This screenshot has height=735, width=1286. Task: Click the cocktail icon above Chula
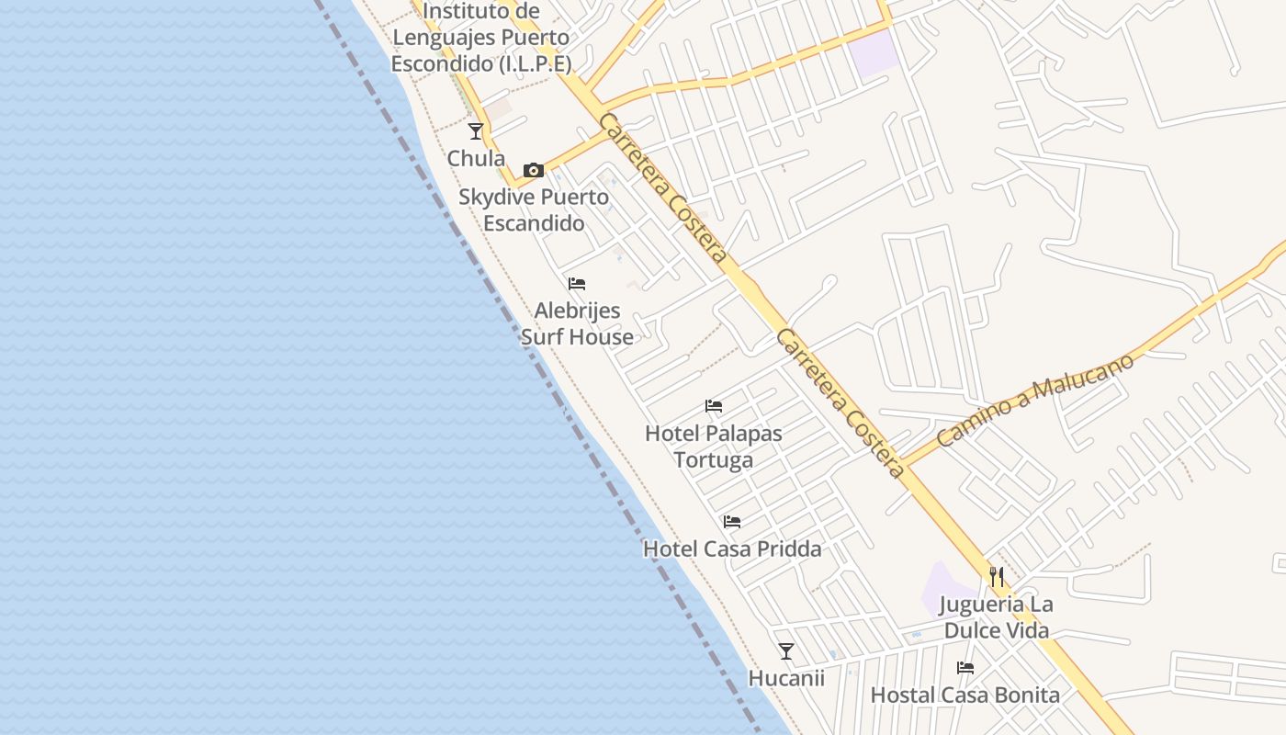tap(476, 131)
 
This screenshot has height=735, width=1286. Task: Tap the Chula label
tap(476, 158)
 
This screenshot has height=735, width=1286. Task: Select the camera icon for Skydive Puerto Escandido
tap(533, 170)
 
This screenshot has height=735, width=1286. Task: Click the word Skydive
tap(495, 197)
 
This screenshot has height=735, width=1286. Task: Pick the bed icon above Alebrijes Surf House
tap(577, 284)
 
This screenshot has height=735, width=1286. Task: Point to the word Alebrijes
tap(577, 311)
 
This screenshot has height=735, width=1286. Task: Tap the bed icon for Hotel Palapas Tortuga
tap(714, 406)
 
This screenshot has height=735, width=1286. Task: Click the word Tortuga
tap(714, 459)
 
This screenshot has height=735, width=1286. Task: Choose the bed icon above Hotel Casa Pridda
tap(732, 522)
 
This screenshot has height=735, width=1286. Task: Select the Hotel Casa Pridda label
tap(732, 548)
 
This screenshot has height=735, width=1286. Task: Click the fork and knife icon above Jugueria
tap(997, 577)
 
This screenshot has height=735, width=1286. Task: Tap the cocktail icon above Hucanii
tap(786, 651)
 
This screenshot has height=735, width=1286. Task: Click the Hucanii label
tap(786, 678)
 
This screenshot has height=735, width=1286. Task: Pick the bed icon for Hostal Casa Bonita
tap(965, 668)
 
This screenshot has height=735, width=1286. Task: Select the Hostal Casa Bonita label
tap(965, 695)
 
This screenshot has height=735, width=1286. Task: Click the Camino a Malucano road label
tap(1035, 399)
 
